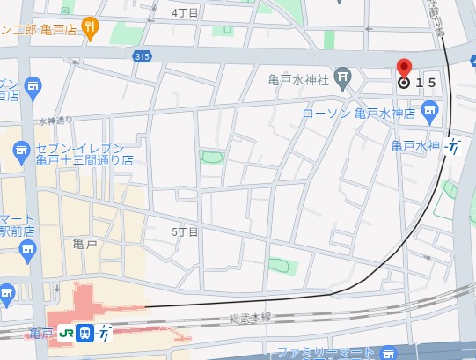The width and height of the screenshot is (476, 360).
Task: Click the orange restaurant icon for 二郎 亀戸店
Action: tap(90, 27)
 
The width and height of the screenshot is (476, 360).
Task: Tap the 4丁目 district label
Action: tap(185, 11)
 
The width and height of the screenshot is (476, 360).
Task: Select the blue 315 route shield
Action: tap(143, 56)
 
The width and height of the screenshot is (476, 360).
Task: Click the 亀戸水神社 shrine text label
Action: tap(297, 79)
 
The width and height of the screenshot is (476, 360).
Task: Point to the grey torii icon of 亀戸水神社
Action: tap(342, 79)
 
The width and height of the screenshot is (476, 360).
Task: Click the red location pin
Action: tap(404, 70)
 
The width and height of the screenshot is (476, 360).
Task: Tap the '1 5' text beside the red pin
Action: tap(426, 83)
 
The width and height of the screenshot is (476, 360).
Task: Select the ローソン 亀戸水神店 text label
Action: tap(358, 113)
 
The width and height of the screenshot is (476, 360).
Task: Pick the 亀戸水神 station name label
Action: tap(414, 145)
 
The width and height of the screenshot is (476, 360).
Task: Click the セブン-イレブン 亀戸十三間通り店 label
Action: tap(84, 154)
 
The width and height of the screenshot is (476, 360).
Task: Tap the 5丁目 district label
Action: tap(185, 231)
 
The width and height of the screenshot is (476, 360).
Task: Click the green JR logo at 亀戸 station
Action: tap(66, 333)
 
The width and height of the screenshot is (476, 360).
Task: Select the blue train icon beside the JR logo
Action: tap(85, 333)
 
